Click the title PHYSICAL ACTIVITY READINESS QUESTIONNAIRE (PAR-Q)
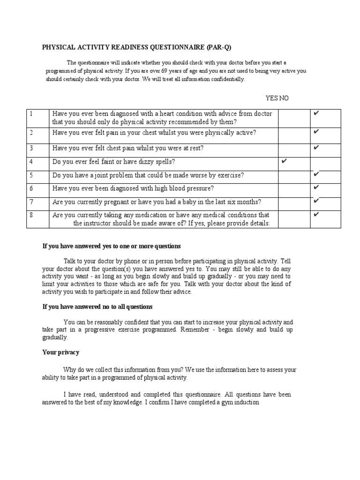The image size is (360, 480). coord(137,47)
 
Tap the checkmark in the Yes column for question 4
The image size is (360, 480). coord(284,161)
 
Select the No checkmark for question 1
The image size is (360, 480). coord(316,113)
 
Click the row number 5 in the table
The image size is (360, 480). coord(31,175)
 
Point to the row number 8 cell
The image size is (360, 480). coord(31,215)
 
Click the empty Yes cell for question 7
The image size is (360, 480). coord(294,202)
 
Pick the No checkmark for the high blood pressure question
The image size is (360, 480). coord(316,187)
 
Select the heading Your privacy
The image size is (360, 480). coord(61,352)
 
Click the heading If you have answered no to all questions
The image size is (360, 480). coord(97,307)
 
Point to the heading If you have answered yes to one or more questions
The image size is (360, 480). coord(112,246)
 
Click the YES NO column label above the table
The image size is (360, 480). coord(277,97)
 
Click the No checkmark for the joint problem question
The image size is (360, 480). coord(316,174)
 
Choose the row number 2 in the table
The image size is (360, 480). coord(31,133)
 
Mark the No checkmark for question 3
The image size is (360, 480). coord(316,148)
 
